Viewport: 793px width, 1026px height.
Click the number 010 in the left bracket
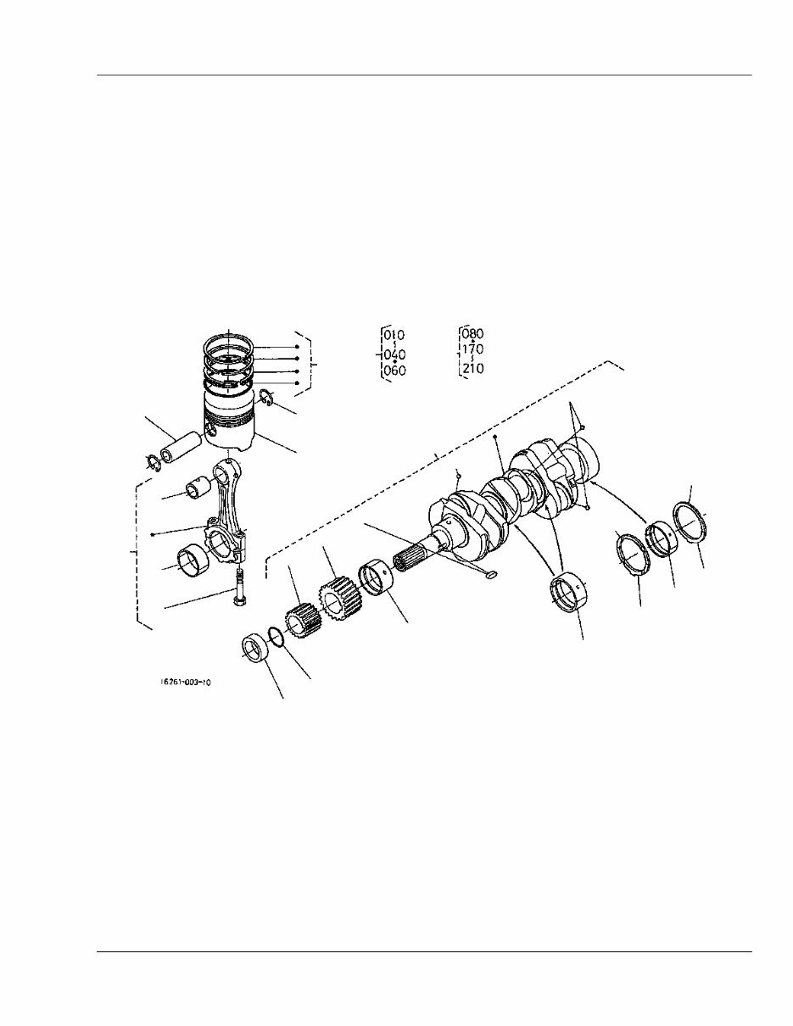tap(394, 336)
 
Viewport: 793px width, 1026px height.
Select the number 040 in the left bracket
tap(394, 354)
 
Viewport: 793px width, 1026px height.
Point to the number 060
tap(394, 371)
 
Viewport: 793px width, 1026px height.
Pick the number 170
tap(472, 349)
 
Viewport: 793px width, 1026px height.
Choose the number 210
tap(472, 369)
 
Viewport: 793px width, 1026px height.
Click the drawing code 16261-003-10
tap(184, 681)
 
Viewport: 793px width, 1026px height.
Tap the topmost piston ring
tap(229, 343)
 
